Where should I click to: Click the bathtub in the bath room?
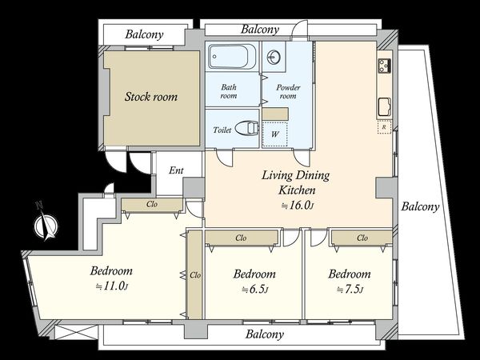coord(232,56)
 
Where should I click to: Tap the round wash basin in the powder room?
coord(273,57)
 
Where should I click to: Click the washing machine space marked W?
coord(275,134)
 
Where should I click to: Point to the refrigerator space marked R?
coord(384,127)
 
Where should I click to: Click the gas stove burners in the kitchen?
coord(385,66)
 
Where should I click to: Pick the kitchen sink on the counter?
coord(385,107)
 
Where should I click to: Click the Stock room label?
coord(151,97)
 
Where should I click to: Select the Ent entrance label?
coord(176,170)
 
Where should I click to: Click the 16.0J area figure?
coord(298,205)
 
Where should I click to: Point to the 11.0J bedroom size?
coord(111,286)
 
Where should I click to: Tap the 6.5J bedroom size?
coord(254,289)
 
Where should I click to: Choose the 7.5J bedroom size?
coord(350,289)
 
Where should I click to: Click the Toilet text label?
coord(222,130)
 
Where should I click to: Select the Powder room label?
coord(288,91)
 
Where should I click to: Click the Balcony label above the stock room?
coord(144,34)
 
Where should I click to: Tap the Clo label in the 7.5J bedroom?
coord(362,238)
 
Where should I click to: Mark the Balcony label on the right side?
coord(420,206)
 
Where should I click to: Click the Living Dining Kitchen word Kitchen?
coord(297,190)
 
